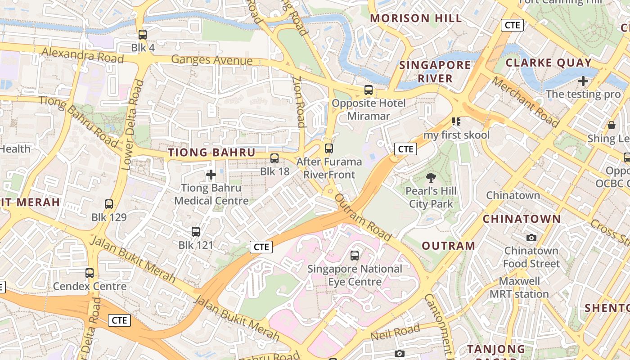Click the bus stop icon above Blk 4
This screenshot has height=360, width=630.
[143, 34]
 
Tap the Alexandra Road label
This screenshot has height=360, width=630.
[82, 55]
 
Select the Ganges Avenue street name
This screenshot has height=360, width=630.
[211, 60]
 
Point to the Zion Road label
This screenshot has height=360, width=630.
[299, 101]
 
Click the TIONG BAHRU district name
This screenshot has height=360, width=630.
[211, 153]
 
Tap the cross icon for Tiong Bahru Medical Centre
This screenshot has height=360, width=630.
[211, 174]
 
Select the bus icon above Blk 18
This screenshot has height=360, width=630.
[274, 158]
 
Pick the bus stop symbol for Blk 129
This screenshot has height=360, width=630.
[109, 204]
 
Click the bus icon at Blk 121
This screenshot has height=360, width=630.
[196, 232]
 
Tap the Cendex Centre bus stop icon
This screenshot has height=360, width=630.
[90, 273]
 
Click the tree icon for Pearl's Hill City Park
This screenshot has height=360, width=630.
[431, 178]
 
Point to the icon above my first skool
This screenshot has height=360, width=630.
[456, 121]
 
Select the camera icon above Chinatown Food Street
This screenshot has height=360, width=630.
[531, 238]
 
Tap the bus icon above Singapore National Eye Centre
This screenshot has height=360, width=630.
[355, 256]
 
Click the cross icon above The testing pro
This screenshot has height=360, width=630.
[583, 81]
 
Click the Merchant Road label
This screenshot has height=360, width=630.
[525, 102]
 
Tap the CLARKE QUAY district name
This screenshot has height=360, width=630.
[549, 63]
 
